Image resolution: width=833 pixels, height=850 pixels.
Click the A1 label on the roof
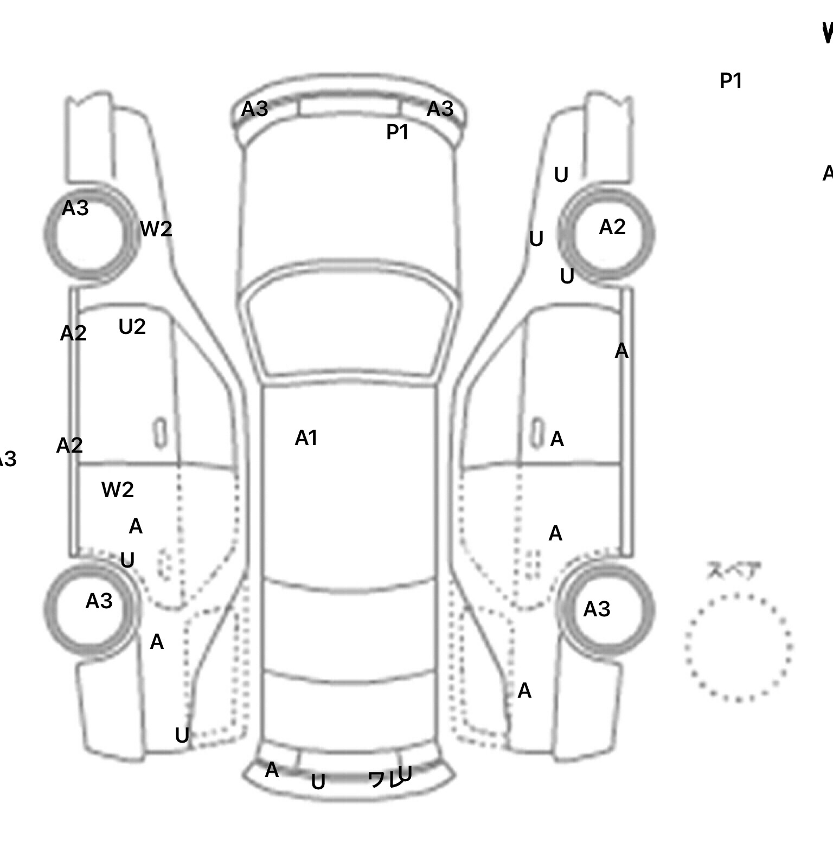click(x=306, y=438)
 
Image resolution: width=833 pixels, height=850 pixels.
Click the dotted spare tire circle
click(x=738, y=647)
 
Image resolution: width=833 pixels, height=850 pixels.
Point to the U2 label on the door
click(x=132, y=327)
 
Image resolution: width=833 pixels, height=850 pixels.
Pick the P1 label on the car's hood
click(x=397, y=132)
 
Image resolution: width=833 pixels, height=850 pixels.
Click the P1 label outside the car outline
click(x=730, y=81)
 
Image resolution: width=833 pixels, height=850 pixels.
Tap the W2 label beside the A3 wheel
click(x=156, y=229)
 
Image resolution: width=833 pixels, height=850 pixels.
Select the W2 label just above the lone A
click(x=117, y=490)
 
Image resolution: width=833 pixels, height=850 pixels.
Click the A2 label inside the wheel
click(x=612, y=227)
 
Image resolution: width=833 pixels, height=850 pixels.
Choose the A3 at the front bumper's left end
click(x=254, y=109)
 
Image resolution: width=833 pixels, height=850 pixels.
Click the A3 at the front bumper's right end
click(x=440, y=109)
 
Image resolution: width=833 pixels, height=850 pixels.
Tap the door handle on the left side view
click(x=161, y=433)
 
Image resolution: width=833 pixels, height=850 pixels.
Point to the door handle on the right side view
click(x=536, y=433)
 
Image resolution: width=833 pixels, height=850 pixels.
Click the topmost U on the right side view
click(x=561, y=175)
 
